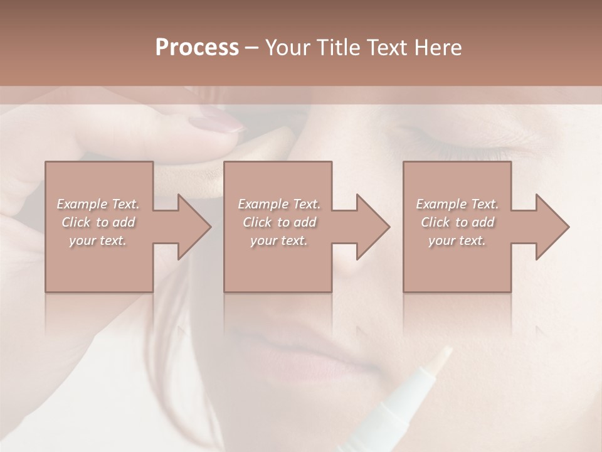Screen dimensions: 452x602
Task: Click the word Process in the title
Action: [x=197, y=48]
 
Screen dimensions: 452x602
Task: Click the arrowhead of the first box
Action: [x=194, y=227]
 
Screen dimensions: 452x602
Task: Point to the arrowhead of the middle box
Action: [x=373, y=227]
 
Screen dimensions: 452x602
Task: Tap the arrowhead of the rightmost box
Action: [x=552, y=227]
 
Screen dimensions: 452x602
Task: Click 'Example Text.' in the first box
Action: [x=98, y=204]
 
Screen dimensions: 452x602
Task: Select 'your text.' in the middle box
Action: [x=278, y=240]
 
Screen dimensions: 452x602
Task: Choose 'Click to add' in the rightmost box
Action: [x=457, y=222]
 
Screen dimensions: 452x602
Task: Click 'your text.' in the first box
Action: [x=98, y=240]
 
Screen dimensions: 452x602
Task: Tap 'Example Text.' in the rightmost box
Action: [x=457, y=204]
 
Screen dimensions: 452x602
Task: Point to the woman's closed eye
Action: [x=433, y=135]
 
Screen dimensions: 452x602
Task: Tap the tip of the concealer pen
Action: [x=443, y=355]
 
